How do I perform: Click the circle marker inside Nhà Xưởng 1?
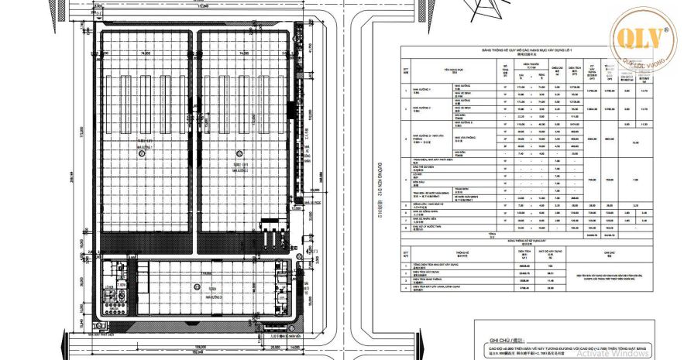pyautogui.click(x=142, y=153)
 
